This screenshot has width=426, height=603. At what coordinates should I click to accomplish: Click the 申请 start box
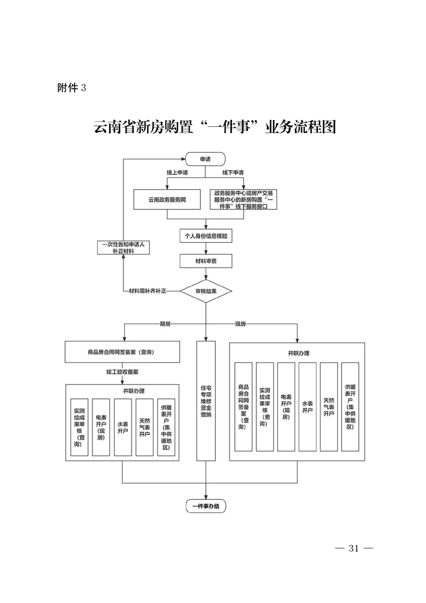click(x=205, y=159)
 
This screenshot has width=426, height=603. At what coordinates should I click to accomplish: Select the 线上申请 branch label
click(x=177, y=173)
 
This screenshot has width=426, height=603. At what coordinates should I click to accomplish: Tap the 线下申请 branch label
click(x=233, y=173)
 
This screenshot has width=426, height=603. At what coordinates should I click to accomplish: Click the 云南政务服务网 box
click(x=167, y=199)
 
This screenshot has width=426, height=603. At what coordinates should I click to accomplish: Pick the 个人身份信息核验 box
click(x=206, y=236)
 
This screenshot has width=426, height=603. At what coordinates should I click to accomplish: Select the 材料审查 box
click(x=206, y=261)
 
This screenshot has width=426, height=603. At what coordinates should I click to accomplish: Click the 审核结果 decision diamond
click(x=206, y=291)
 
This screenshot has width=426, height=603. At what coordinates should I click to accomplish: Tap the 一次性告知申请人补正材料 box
click(x=123, y=247)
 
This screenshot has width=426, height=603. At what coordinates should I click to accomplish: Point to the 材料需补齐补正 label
click(x=148, y=291)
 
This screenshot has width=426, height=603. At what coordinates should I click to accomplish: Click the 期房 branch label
click(x=165, y=324)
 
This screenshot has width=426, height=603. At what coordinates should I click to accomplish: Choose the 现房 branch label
click(x=240, y=324)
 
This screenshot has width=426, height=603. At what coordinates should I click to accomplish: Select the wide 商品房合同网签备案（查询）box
click(x=121, y=353)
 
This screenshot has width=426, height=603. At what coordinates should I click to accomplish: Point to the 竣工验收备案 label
click(x=122, y=371)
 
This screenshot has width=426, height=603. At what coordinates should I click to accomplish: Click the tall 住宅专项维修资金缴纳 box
click(x=206, y=400)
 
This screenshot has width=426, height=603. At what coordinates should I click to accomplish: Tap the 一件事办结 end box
click(x=206, y=506)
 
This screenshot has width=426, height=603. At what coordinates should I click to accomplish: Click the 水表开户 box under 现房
click(x=307, y=406)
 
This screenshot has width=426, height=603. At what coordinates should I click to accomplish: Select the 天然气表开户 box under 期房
click(x=145, y=428)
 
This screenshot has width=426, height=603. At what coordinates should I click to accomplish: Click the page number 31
click(x=353, y=549)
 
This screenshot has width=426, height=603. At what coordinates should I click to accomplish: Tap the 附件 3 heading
click(x=71, y=88)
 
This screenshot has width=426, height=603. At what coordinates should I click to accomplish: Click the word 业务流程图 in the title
click(x=301, y=127)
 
